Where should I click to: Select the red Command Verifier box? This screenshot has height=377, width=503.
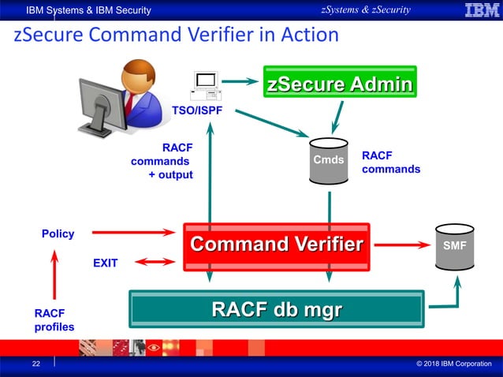click(277, 245)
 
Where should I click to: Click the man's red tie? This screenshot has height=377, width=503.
click(129, 101)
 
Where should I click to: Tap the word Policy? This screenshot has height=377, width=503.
click(58, 233)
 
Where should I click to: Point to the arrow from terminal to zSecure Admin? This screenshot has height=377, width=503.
click(240, 80)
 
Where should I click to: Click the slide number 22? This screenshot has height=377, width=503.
click(36, 364)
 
